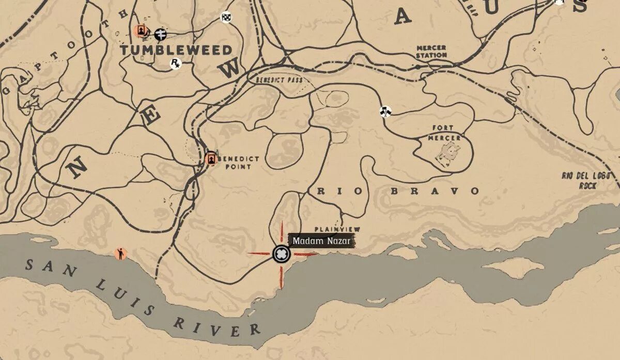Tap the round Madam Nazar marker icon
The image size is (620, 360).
[281, 254]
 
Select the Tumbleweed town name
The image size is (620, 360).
[176, 50]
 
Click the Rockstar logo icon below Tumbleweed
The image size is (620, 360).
[176, 63]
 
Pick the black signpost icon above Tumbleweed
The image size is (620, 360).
[161, 34]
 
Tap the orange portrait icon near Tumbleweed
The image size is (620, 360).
[139, 31]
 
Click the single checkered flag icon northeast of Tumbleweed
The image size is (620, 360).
[226, 17]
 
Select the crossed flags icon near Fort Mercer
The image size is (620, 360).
[385, 111]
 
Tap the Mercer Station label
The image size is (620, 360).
[431, 51]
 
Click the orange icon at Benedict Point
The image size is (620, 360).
[210, 159]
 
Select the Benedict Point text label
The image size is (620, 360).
[239, 163]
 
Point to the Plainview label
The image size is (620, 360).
[337, 229]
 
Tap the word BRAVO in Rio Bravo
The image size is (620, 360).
[435, 191]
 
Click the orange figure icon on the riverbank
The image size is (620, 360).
[121, 254]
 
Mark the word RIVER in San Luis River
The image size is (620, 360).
[216, 325]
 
